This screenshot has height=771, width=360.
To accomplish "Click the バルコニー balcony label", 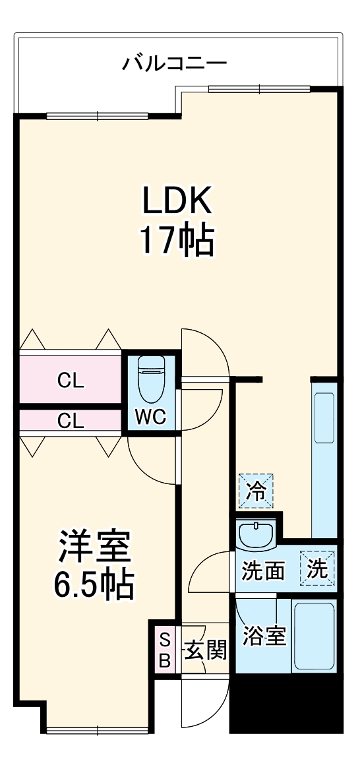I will (x=175, y=64).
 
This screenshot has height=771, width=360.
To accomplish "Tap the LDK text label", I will (x=177, y=201).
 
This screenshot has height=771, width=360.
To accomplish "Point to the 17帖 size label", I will (x=177, y=241).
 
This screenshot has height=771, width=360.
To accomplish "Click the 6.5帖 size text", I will (x=94, y=584).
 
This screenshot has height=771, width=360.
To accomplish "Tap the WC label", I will (x=150, y=417).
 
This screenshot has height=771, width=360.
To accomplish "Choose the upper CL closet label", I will (x=70, y=381).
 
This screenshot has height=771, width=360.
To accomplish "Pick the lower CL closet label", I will (x=70, y=420).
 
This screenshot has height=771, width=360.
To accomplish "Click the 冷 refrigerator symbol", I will (x=255, y=491).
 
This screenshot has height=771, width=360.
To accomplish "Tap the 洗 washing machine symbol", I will (x=318, y=568).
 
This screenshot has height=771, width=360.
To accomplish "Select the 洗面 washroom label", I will (x=263, y=569).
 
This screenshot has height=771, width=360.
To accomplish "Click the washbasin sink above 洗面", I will (x=256, y=534).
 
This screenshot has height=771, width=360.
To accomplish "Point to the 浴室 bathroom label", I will (x=264, y=636).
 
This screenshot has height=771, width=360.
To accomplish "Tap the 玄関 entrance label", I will (x=205, y=649).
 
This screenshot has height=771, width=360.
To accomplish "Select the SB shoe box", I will (x=165, y=649).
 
